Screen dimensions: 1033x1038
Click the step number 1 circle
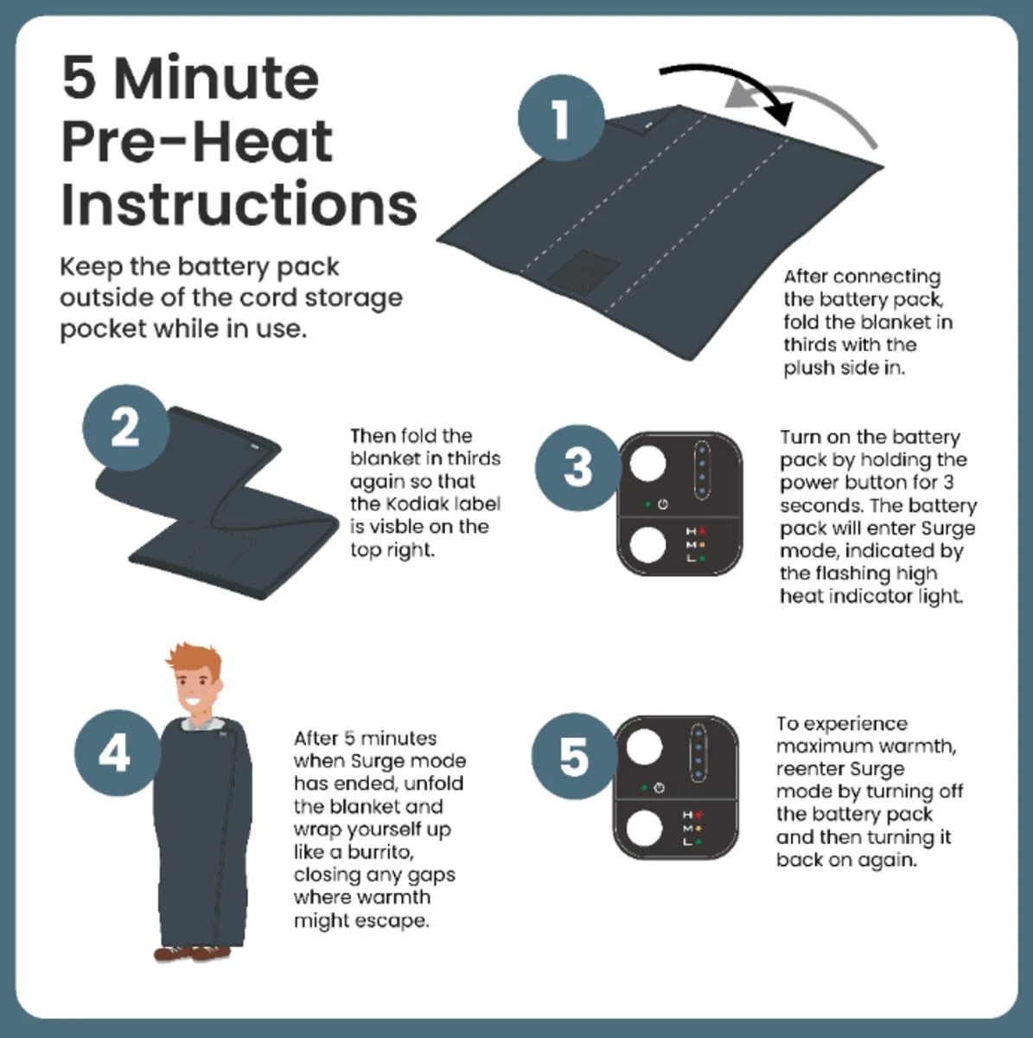tap(561, 118)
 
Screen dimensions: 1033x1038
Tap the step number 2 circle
tap(126, 427)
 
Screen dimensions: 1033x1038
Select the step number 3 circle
tap(578, 468)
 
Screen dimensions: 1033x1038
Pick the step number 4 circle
tap(118, 753)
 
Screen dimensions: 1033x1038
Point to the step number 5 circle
tap(575, 756)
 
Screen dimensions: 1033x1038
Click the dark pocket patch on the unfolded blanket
tap(583, 272)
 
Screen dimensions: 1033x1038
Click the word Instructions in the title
tap(239, 205)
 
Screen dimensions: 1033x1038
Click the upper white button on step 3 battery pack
tap(647, 464)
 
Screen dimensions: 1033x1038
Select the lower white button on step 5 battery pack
tap(644, 829)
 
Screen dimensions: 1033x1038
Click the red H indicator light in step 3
tap(703, 532)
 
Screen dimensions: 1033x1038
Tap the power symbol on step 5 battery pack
tap(659, 788)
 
